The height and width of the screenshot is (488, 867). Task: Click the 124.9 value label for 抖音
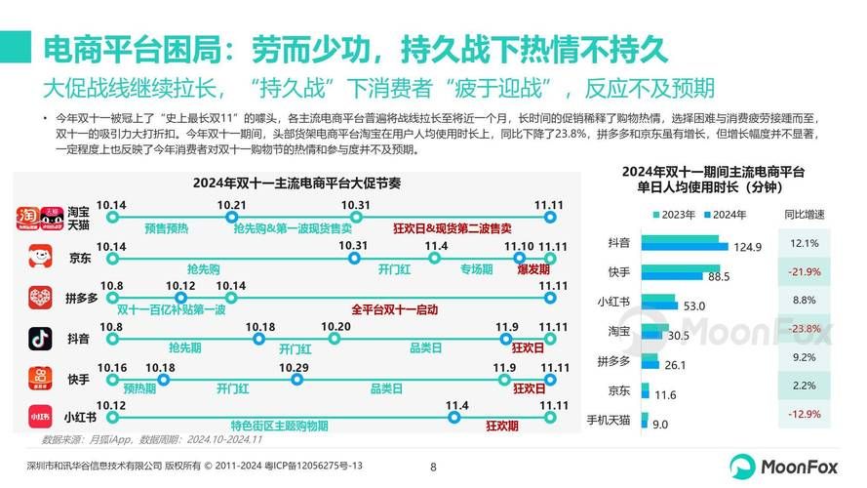point(746,247)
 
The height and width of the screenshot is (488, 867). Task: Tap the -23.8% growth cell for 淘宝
point(805,330)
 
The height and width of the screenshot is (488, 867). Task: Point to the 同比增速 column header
point(804,215)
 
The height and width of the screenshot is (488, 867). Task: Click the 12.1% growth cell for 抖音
point(805,242)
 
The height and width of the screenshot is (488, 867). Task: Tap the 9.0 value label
point(660,424)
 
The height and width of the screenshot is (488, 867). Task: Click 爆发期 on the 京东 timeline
point(532,266)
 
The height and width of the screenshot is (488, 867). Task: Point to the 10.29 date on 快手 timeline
point(294,368)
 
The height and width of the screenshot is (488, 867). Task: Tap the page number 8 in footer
point(433,467)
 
